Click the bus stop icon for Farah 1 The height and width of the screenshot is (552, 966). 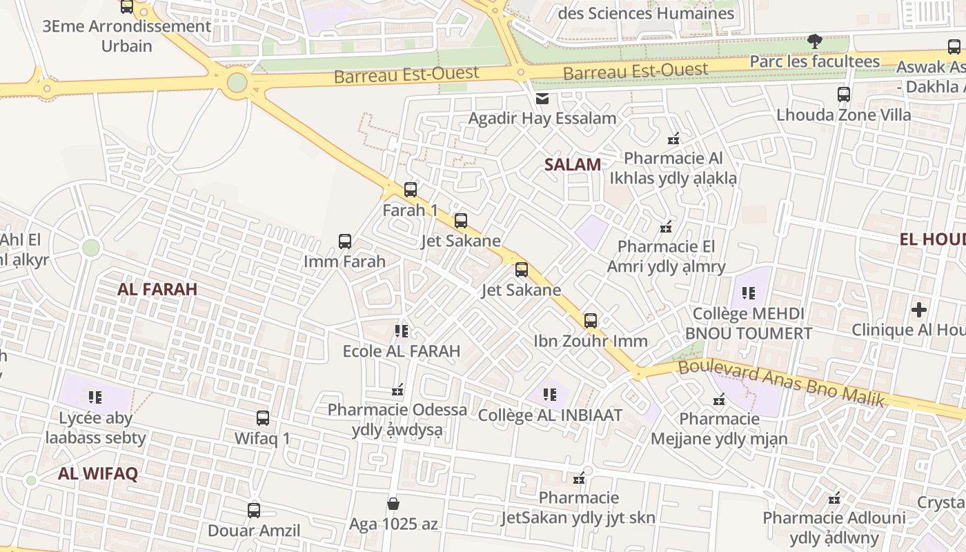click(x=411, y=189)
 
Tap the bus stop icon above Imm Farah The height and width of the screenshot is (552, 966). click(x=345, y=241)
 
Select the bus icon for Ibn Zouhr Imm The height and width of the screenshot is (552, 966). click(x=591, y=320)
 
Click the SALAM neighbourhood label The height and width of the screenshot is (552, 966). click(x=572, y=164)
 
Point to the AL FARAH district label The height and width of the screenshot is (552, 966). click(x=157, y=289)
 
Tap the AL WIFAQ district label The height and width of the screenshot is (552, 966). click(x=98, y=473)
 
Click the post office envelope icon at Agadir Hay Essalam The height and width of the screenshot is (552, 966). click(x=542, y=99)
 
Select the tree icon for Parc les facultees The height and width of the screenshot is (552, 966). click(x=815, y=41)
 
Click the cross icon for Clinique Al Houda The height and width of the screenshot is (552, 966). click(x=919, y=310)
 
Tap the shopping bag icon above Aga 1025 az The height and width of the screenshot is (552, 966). click(x=393, y=504)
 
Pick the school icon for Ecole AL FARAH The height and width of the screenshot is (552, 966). click(x=402, y=331)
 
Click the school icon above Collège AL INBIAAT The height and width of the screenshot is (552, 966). click(x=550, y=395)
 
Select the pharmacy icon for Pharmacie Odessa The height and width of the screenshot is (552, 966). click(x=397, y=391)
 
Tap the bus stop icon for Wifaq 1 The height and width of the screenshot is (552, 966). click(x=263, y=417)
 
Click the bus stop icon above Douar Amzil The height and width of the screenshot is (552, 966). click(x=254, y=511)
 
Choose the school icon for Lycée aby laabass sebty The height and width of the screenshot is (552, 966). click(x=95, y=397)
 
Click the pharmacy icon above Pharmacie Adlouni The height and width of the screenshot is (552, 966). click(x=834, y=497)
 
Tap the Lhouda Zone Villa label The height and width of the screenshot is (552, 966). click(x=843, y=115)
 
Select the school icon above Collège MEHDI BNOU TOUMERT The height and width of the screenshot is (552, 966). click(x=749, y=293)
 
